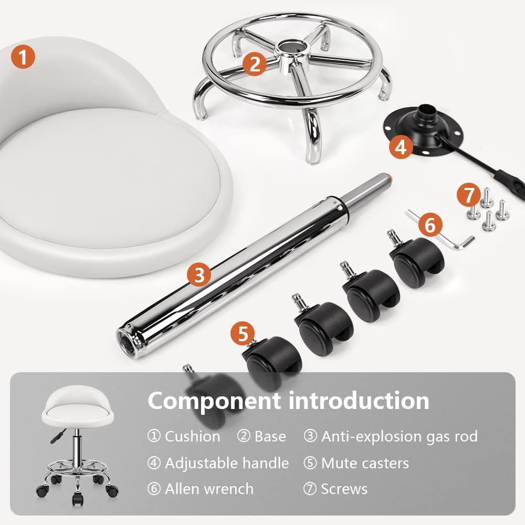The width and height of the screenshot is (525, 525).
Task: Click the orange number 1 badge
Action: tap(23, 56)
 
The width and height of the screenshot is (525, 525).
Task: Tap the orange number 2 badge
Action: tap(255, 64)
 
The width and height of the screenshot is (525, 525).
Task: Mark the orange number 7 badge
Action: tap(467, 195)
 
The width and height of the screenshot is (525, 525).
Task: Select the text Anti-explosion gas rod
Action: tap(399, 436)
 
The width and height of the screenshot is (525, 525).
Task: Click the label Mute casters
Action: tap(365, 463)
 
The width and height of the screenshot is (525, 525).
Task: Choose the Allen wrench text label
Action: tap(209, 489)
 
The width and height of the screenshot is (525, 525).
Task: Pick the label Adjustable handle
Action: tap(227, 463)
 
